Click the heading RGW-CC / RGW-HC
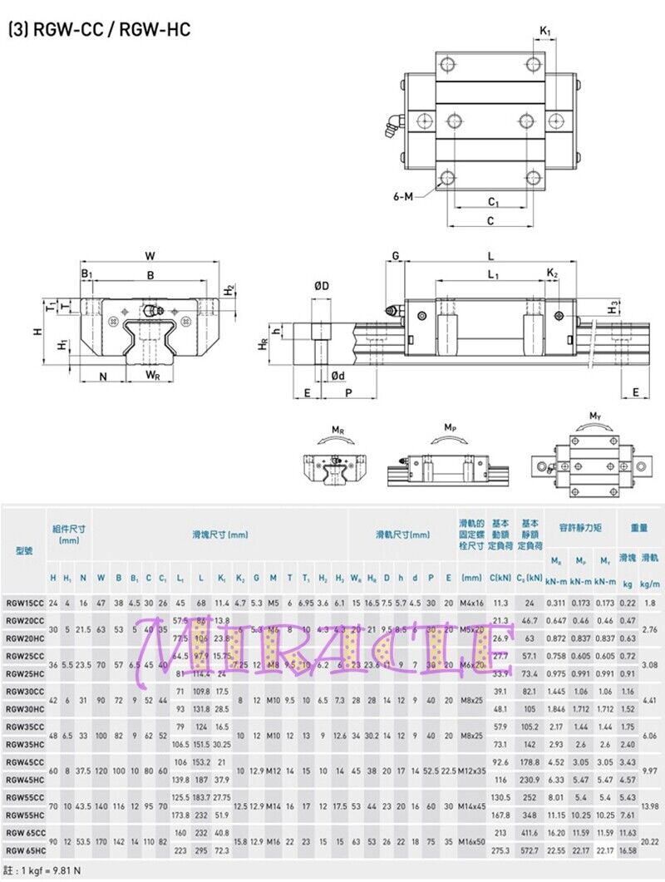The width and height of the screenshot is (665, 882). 100,30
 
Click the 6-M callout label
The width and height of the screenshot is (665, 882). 403,196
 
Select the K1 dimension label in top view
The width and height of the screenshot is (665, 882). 544,31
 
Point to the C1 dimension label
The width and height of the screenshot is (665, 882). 492,202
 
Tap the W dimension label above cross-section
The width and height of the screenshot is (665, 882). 150,254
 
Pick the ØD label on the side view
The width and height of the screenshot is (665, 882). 322,287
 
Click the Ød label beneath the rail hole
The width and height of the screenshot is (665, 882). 337,376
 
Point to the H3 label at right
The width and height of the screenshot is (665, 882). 613,307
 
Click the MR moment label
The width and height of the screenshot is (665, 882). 337,430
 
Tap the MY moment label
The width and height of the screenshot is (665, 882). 595,416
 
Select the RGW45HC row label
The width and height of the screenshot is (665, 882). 24,779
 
